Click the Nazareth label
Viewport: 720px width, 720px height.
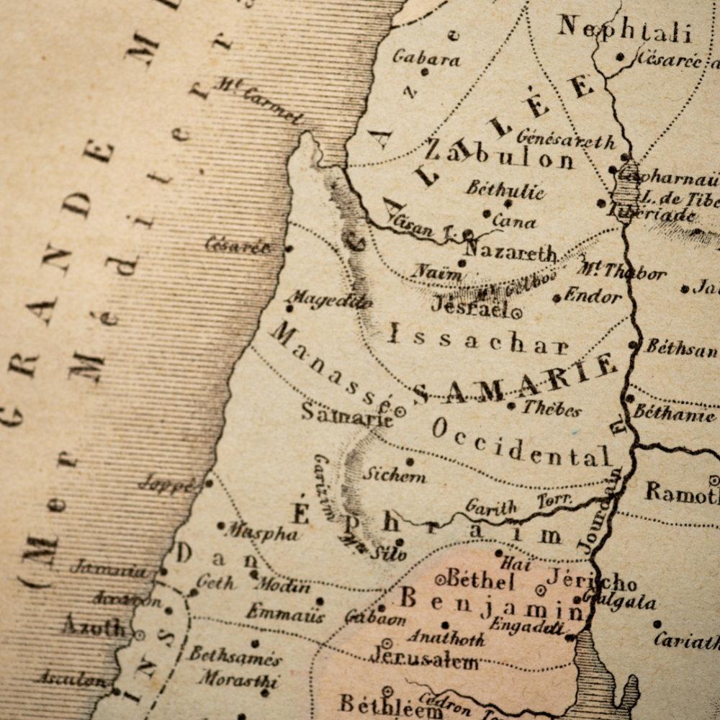[x=510, y=253]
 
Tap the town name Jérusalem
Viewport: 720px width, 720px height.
[x=424, y=657]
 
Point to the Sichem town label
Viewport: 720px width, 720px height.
[x=394, y=475]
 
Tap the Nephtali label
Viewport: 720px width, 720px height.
[x=624, y=30]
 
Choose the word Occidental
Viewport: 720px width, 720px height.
[x=521, y=442]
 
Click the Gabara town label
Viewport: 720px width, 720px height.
[x=426, y=58]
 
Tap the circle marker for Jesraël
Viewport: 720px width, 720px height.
[x=516, y=312]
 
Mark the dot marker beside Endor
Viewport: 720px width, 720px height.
[x=557, y=297]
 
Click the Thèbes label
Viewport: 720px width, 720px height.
[x=552, y=408]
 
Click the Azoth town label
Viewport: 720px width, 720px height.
[x=94, y=626]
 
